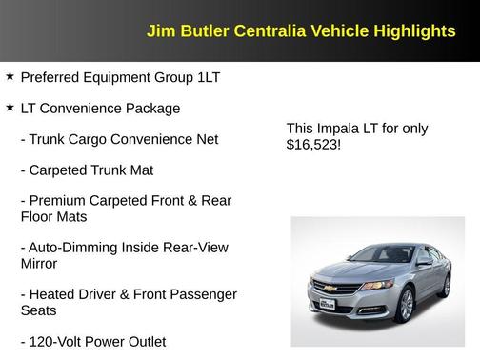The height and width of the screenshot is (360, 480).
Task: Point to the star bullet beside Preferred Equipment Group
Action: click(x=10, y=75)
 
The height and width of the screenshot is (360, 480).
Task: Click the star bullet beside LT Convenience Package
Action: click(x=10, y=107)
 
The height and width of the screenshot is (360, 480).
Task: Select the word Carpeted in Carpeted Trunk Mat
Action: click(x=61, y=170)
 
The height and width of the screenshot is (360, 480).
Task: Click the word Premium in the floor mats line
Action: click(x=59, y=201)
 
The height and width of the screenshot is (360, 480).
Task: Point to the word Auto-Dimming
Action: click(x=72, y=248)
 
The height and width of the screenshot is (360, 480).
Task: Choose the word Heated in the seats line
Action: click(x=54, y=294)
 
